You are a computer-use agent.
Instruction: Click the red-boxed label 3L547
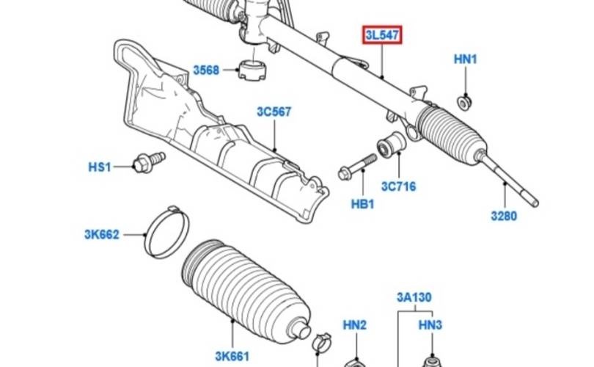[382, 35]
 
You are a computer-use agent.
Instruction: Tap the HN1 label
[466, 59]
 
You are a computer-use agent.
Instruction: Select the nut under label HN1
[464, 102]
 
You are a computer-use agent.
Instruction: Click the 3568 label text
[206, 70]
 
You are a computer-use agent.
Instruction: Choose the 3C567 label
[274, 112]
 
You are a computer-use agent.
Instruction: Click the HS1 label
[100, 167]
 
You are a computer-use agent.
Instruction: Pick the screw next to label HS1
[149, 162]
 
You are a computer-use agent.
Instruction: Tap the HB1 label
[362, 204]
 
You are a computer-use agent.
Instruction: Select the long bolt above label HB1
[357, 167]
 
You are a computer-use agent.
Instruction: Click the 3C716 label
[398, 186]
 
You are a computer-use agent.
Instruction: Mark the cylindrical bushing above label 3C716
[391, 145]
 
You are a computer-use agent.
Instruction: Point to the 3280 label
[504, 216]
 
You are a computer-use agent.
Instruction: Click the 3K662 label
[102, 235]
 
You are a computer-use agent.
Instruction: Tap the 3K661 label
[232, 357]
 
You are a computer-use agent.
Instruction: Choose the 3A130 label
[414, 297]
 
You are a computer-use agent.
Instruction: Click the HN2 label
[355, 325]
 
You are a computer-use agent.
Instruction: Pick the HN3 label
[430, 325]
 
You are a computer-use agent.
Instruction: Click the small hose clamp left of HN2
[322, 341]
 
